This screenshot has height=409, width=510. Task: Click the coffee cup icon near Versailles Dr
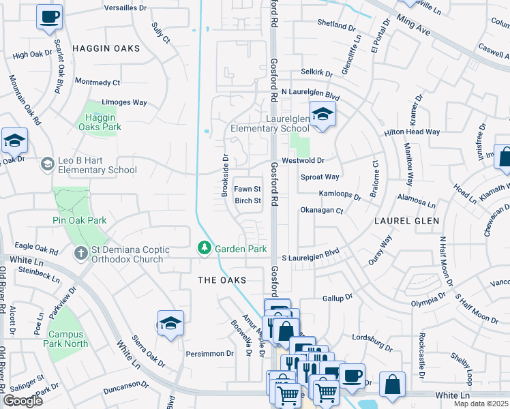49,17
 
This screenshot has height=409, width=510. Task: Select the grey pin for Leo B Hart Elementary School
47,164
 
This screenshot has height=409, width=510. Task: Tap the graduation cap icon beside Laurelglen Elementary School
322,114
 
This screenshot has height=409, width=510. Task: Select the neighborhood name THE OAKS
221,280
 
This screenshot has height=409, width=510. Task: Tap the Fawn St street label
247,189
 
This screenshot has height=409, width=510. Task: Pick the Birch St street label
248,201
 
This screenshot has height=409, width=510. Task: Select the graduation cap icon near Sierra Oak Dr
170,324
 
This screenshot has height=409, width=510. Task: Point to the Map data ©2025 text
481,404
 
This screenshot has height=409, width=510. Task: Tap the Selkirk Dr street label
316,73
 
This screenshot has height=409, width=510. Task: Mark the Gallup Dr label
336,298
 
